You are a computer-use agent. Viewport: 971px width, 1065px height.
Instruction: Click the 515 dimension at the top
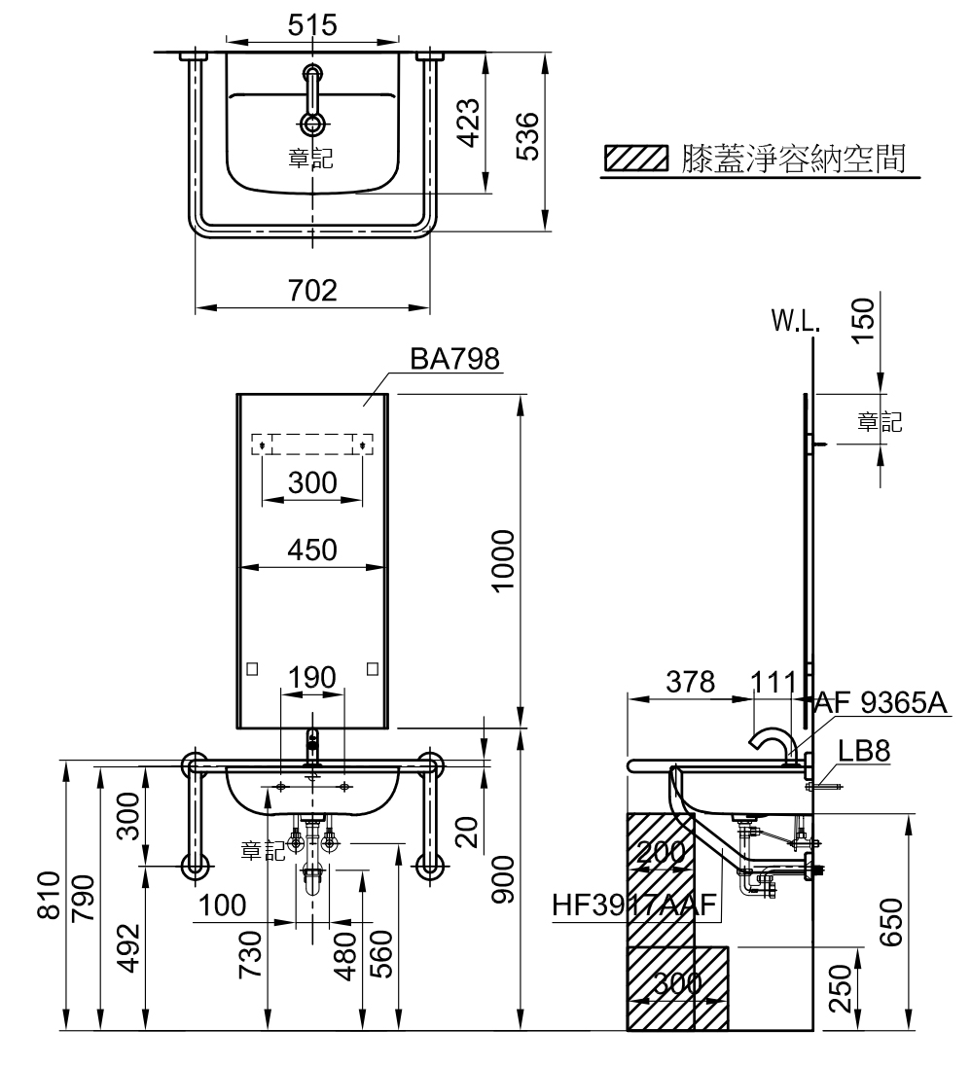pos(312,25)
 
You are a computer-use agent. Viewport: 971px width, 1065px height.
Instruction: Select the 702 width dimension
pos(312,291)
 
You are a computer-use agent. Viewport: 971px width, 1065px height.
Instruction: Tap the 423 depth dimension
pos(468,123)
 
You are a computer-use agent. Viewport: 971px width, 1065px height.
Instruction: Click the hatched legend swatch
pos(636,158)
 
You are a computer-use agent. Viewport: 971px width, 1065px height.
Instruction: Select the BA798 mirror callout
pos(454,359)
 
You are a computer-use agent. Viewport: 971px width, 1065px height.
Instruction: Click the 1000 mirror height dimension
pos(504,561)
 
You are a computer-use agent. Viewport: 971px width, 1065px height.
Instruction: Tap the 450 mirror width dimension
pos(312,550)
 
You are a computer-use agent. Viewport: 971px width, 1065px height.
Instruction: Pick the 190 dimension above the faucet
pos(312,677)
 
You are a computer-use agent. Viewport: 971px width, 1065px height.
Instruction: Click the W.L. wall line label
pos(796,321)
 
